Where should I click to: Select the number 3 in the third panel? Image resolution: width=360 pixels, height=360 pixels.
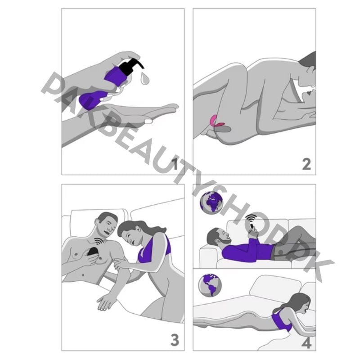click(175, 339)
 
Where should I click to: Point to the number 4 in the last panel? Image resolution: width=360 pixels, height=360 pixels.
click(306, 343)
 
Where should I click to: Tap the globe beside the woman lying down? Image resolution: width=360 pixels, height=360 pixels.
click(210, 285)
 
